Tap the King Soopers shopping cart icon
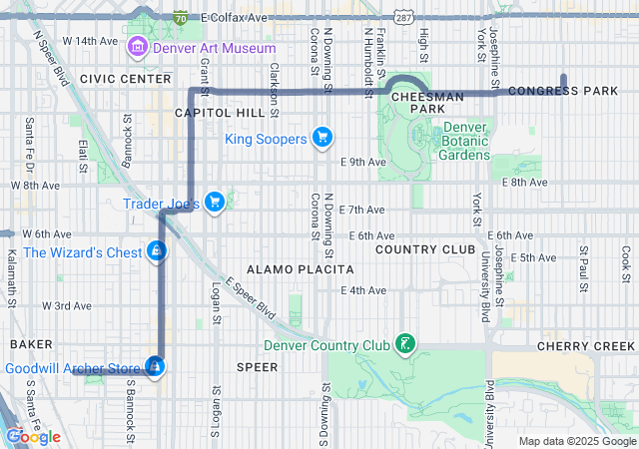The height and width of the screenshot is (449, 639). click(x=321, y=138)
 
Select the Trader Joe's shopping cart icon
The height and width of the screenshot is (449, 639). click(x=214, y=203)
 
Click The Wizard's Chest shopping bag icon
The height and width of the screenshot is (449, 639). click(x=156, y=252)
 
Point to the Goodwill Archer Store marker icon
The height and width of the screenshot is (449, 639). click(x=154, y=368)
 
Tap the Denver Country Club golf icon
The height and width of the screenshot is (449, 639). click(x=404, y=345)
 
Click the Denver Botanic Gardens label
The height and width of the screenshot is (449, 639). click(x=465, y=141)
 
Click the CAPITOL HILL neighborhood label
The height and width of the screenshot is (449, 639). click(x=220, y=113)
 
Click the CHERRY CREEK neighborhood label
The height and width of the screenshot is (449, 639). click(x=585, y=345)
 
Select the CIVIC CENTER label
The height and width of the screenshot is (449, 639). click(x=126, y=78)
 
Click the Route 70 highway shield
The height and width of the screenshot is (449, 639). click(x=179, y=18)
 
